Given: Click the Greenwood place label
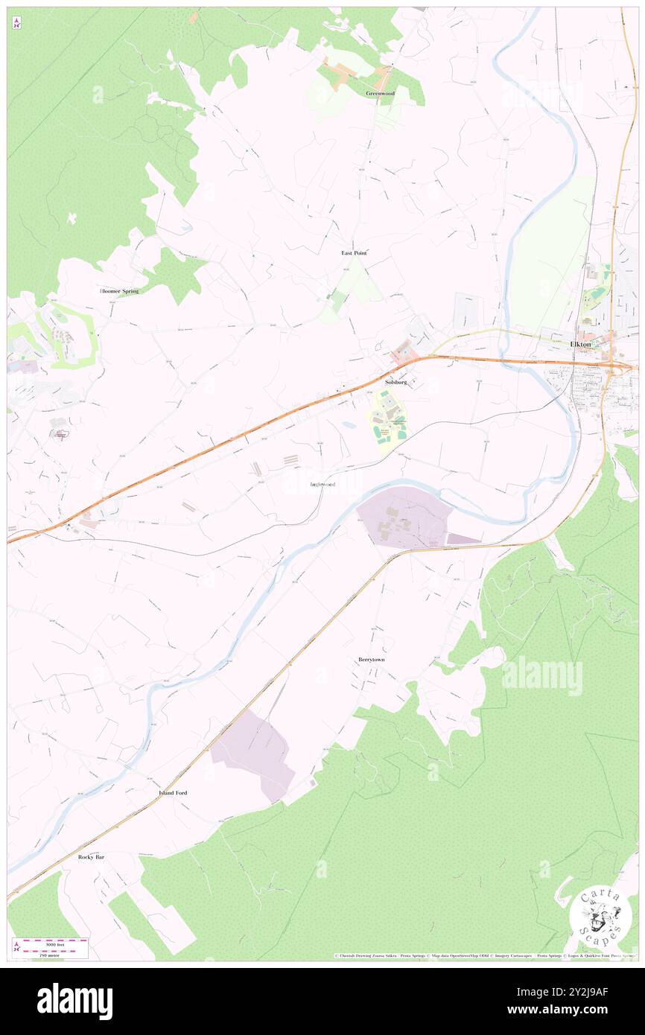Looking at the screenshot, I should coord(380,93).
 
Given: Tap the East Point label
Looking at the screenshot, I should coord(354,253).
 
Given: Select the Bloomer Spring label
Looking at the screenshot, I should coord(119,290).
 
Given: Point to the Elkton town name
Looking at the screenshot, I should coord(581,344).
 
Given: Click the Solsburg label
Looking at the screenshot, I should coord(396,381).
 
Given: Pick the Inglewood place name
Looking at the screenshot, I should coord(322,485).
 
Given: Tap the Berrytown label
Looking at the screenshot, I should coord(371,660).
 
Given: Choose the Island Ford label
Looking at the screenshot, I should coord(173,793).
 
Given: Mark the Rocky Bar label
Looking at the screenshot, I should coord(91,857).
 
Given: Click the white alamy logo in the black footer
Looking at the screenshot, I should coord(74,1001).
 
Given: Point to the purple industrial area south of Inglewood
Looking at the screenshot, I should coord(406,521).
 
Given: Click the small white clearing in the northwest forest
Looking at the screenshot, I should coord(72,218).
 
